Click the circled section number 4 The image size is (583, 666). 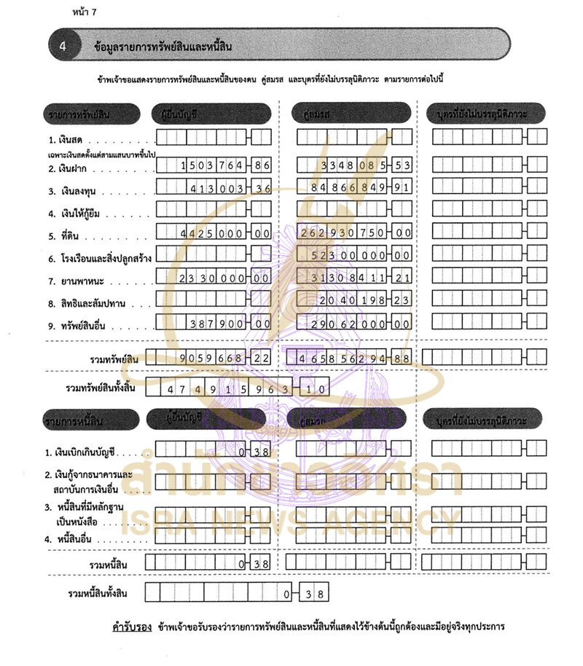click(x=63, y=46)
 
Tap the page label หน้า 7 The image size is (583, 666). click(x=85, y=12)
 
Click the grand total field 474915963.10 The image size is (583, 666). click(x=238, y=389)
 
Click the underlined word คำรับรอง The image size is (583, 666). click(x=122, y=626)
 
